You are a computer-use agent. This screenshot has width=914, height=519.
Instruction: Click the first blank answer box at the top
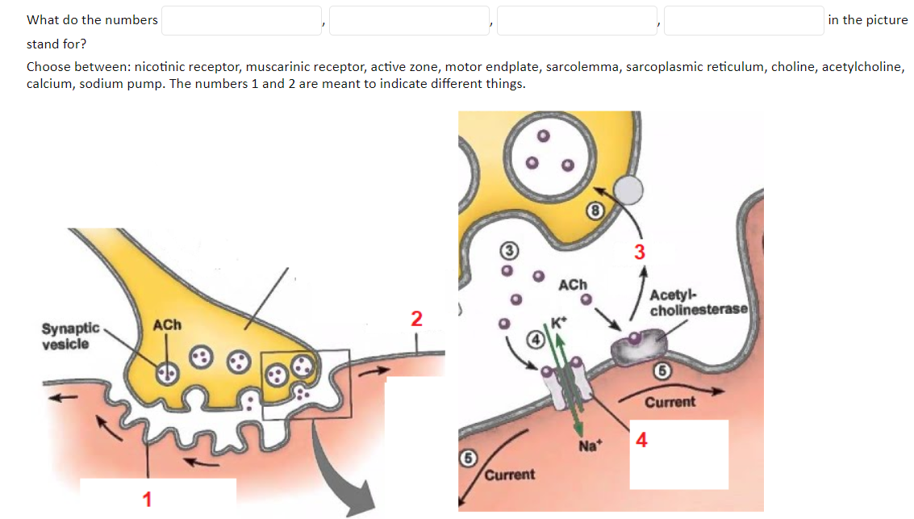(242, 21)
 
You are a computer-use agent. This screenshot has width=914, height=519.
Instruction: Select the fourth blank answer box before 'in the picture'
(744, 21)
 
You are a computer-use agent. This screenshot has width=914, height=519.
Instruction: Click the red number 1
(147, 499)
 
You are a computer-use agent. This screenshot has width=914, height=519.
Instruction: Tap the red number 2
(415, 318)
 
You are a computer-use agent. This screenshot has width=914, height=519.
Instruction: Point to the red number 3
(640, 252)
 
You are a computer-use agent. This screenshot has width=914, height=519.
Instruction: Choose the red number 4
(641, 440)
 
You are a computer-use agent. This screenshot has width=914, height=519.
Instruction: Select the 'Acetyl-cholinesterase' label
(699, 303)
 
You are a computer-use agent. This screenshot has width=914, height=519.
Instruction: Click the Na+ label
(588, 445)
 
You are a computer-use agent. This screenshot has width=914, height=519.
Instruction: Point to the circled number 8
(595, 211)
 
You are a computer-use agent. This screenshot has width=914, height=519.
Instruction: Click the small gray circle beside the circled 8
(628, 190)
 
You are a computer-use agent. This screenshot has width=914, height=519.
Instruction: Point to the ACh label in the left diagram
(168, 324)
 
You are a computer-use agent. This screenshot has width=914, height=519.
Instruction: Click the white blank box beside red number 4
(678, 454)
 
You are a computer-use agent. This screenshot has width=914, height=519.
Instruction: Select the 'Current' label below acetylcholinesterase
(670, 401)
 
